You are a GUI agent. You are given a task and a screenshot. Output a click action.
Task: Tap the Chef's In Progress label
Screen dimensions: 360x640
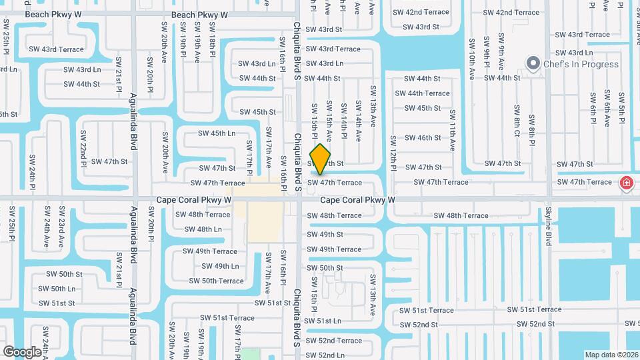coord(581,65)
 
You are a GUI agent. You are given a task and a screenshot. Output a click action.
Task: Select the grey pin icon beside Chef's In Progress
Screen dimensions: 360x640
coord(533,65)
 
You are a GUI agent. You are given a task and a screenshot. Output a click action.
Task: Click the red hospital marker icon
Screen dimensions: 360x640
coord(626,183)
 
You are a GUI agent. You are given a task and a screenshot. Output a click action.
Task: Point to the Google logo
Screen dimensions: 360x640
coord(22,351)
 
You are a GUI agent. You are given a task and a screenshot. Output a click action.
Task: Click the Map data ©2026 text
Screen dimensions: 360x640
coord(611,355)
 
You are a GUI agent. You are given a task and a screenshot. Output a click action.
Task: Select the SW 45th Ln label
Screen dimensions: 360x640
coord(217,133)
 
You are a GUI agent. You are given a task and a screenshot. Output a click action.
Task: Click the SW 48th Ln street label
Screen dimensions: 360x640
coord(203,229)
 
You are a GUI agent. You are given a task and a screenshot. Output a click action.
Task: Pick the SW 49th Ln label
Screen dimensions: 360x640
coord(219,266)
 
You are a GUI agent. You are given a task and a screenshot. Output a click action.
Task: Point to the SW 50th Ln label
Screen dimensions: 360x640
coord(57,289)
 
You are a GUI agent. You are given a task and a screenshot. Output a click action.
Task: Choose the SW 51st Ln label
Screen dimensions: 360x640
coord(324,321)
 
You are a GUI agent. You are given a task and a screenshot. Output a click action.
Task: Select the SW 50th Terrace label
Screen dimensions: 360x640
coord(216,281)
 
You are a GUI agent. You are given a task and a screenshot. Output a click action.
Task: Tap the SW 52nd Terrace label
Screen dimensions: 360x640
coord(334,341)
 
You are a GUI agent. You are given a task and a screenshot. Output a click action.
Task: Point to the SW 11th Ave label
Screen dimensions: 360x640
coord(452,130)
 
